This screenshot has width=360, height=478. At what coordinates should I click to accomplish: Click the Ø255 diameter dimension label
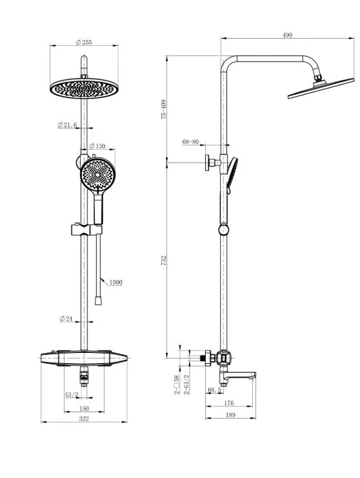pos(84,43)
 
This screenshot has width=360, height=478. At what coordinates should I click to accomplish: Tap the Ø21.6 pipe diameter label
pos(67,124)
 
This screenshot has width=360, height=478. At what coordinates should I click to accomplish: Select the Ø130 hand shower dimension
pos(97,146)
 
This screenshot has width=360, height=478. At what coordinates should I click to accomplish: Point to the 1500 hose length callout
pos(116,283)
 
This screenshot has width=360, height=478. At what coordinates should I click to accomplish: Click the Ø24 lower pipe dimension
pos(66,319)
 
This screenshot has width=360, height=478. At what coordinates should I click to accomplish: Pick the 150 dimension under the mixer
pos(84,408)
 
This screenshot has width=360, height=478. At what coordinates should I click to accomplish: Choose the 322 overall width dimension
pos(84,419)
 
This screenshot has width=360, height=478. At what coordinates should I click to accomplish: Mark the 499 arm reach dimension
pos(287,35)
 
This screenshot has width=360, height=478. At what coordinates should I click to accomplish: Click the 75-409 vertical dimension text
pos(164,109)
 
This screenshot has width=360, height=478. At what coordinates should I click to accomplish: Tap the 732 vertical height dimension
pos(164,260)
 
